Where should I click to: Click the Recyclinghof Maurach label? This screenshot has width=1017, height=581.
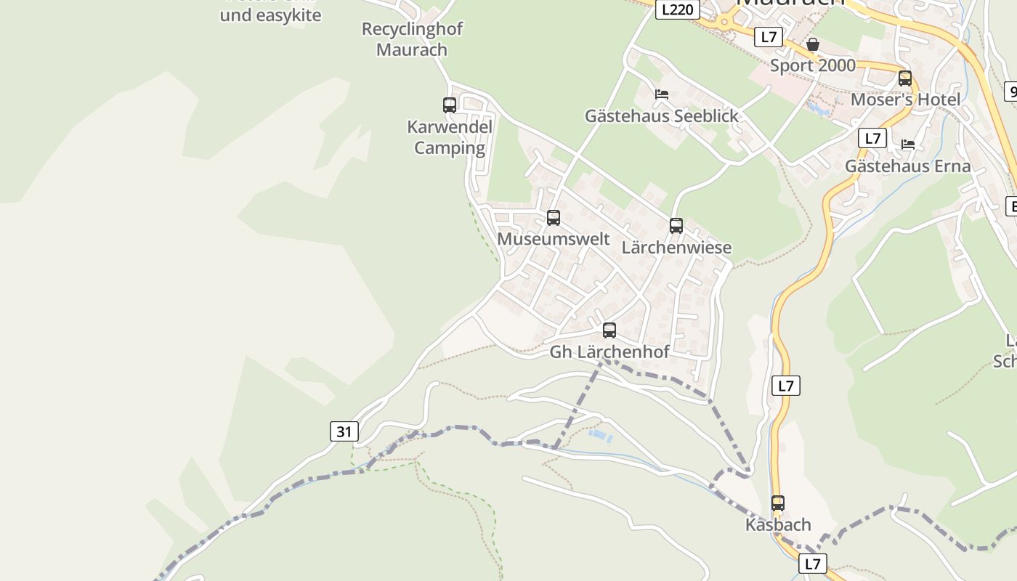[412, 39]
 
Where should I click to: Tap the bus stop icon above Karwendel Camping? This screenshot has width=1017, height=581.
[450, 105]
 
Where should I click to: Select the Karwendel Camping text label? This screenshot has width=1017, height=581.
[450, 137]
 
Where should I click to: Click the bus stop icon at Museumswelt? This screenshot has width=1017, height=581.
[554, 218]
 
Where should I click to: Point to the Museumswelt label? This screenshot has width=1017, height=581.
[554, 239]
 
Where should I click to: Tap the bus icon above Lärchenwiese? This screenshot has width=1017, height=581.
[676, 226]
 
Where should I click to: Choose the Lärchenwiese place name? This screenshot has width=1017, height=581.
[676, 248]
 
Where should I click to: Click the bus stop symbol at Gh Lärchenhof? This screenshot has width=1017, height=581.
[609, 330]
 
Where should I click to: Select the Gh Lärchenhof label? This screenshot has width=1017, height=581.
[609, 352]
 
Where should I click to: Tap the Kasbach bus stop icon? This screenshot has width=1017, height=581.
[778, 503]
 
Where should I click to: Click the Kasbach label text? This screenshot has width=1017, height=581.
[778, 524]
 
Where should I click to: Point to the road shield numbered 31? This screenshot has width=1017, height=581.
[344, 431]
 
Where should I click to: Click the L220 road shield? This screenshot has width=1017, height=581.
[678, 9]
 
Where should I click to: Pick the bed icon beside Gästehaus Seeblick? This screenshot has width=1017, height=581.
[662, 94]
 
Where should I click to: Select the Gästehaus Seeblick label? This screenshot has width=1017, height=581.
[662, 115]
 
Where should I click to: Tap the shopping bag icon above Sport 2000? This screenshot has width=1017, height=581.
[813, 45]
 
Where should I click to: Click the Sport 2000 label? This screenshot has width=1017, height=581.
[813, 66]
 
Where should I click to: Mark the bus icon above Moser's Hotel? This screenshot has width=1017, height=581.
[905, 78]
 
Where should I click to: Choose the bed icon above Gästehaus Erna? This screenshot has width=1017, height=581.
[908, 145]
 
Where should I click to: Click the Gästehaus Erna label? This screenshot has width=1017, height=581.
[908, 166]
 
